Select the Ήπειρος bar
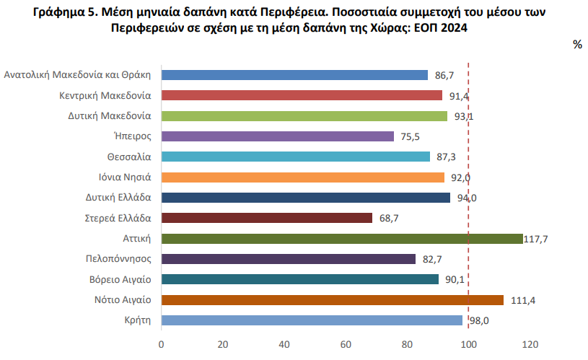tap(278, 136)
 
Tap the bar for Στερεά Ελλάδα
tap(267, 218)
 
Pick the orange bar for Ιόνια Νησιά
tap(303, 177)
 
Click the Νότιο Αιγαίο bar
tap(333, 300)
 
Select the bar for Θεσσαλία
tap(296, 157)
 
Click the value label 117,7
tap(537, 239)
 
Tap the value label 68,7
tap(388, 218)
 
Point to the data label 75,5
tap(410, 136)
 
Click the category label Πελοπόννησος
tap(118, 259)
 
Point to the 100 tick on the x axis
tap(469, 344)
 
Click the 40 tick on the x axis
tap(284, 344)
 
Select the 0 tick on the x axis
tap(162, 344)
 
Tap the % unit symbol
tap(577, 45)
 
